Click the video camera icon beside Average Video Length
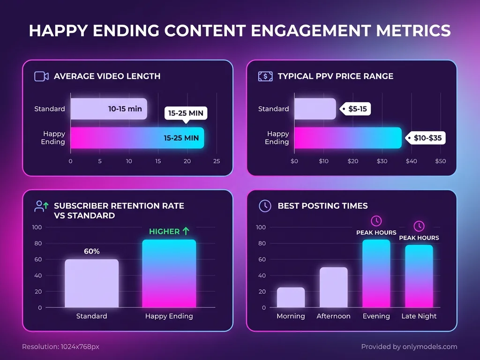(41, 76)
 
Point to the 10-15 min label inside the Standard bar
(125, 109)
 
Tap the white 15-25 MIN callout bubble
(186, 113)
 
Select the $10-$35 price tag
(426, 138)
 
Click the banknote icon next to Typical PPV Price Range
(265, 76)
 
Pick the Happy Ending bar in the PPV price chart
(348, 138)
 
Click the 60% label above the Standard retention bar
(92, 251)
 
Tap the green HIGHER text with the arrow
(169, 231)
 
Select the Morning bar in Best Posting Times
(291, 297)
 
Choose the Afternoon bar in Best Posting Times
(333, 287)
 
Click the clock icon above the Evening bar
(376, 221)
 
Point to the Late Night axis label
(419, 316)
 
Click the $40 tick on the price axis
(411, 161)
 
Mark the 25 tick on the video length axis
(216, 161)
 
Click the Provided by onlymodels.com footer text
(409, 347)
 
